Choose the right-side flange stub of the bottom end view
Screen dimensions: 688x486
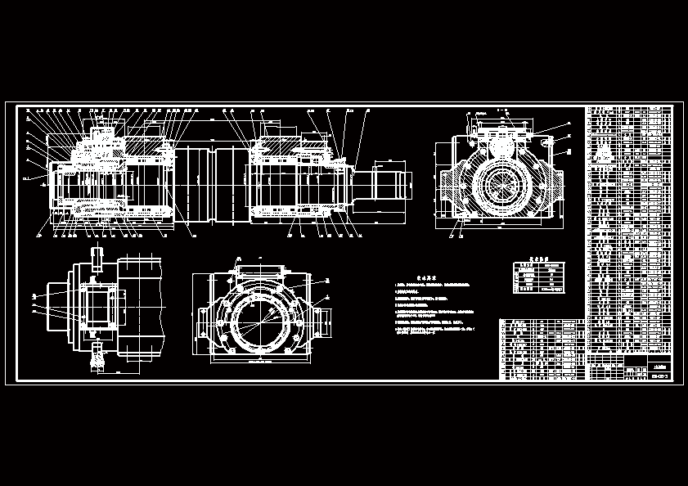point(322,315)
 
